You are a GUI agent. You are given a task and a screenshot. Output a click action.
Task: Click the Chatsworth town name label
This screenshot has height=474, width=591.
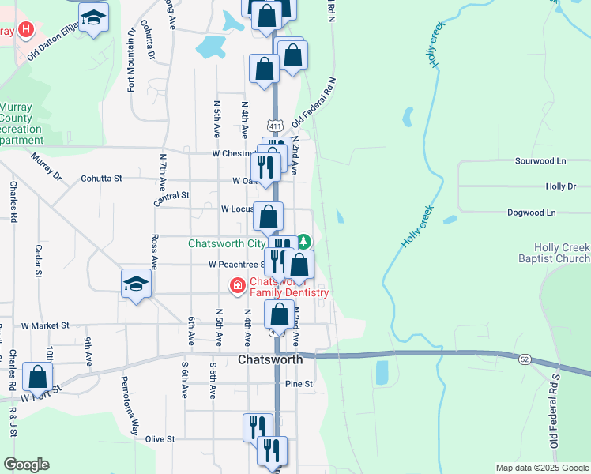pyautogui.click(x=270, y=359)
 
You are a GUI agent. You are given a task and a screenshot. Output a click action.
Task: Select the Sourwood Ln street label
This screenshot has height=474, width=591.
pyautogui.click(x=541, y=160)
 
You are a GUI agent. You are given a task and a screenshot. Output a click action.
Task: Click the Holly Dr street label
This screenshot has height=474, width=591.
pyautogui.click(x=561, y=186)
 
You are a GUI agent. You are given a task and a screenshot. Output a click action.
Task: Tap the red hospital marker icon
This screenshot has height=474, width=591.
pyautogui.click(x=27, y=31)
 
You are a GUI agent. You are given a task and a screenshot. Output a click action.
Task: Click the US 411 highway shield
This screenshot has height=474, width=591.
pyautogui.click(x=274, y=126)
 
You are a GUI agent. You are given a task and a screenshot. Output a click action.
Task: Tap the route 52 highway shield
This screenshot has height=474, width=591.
pyautogui.click(x=525, y=359)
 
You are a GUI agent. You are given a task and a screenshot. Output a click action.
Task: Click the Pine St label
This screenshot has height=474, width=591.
pyautogui.click(x=299, y=384)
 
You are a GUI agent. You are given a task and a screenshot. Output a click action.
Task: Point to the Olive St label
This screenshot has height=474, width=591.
pyautogui.click(x=159, y=438)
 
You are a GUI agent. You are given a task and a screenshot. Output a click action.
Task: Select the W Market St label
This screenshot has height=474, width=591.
pyautogui.click(x=46, y=325)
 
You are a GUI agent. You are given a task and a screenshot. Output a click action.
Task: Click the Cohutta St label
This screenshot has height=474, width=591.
pyautogui.click(x=101, y=179)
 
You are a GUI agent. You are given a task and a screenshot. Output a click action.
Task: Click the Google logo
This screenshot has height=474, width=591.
pyautogui.click(x=26, y=465)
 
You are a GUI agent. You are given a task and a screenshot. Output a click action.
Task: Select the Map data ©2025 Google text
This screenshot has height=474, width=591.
pyautogui.click(x=541, y=468)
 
